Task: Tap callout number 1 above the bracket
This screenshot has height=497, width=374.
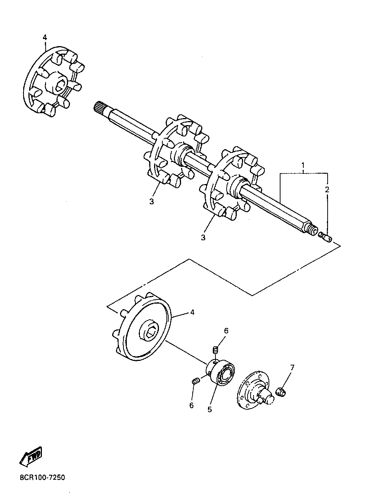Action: (303, 165)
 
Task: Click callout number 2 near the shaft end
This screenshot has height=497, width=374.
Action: (327, 190)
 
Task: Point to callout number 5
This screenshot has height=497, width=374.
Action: (209, 410)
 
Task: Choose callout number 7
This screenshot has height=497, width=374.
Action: (292, 368)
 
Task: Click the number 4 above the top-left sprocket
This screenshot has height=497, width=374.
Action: (45, 37)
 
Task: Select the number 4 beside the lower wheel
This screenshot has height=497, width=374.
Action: (192, 312)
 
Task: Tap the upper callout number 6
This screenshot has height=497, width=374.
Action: (226, 331)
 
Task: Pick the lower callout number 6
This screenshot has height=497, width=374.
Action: (191, 405)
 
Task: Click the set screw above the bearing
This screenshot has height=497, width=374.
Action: (215, 350)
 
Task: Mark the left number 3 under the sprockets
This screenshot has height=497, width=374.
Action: (151, 202)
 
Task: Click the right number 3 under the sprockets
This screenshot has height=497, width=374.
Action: (203, 238)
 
